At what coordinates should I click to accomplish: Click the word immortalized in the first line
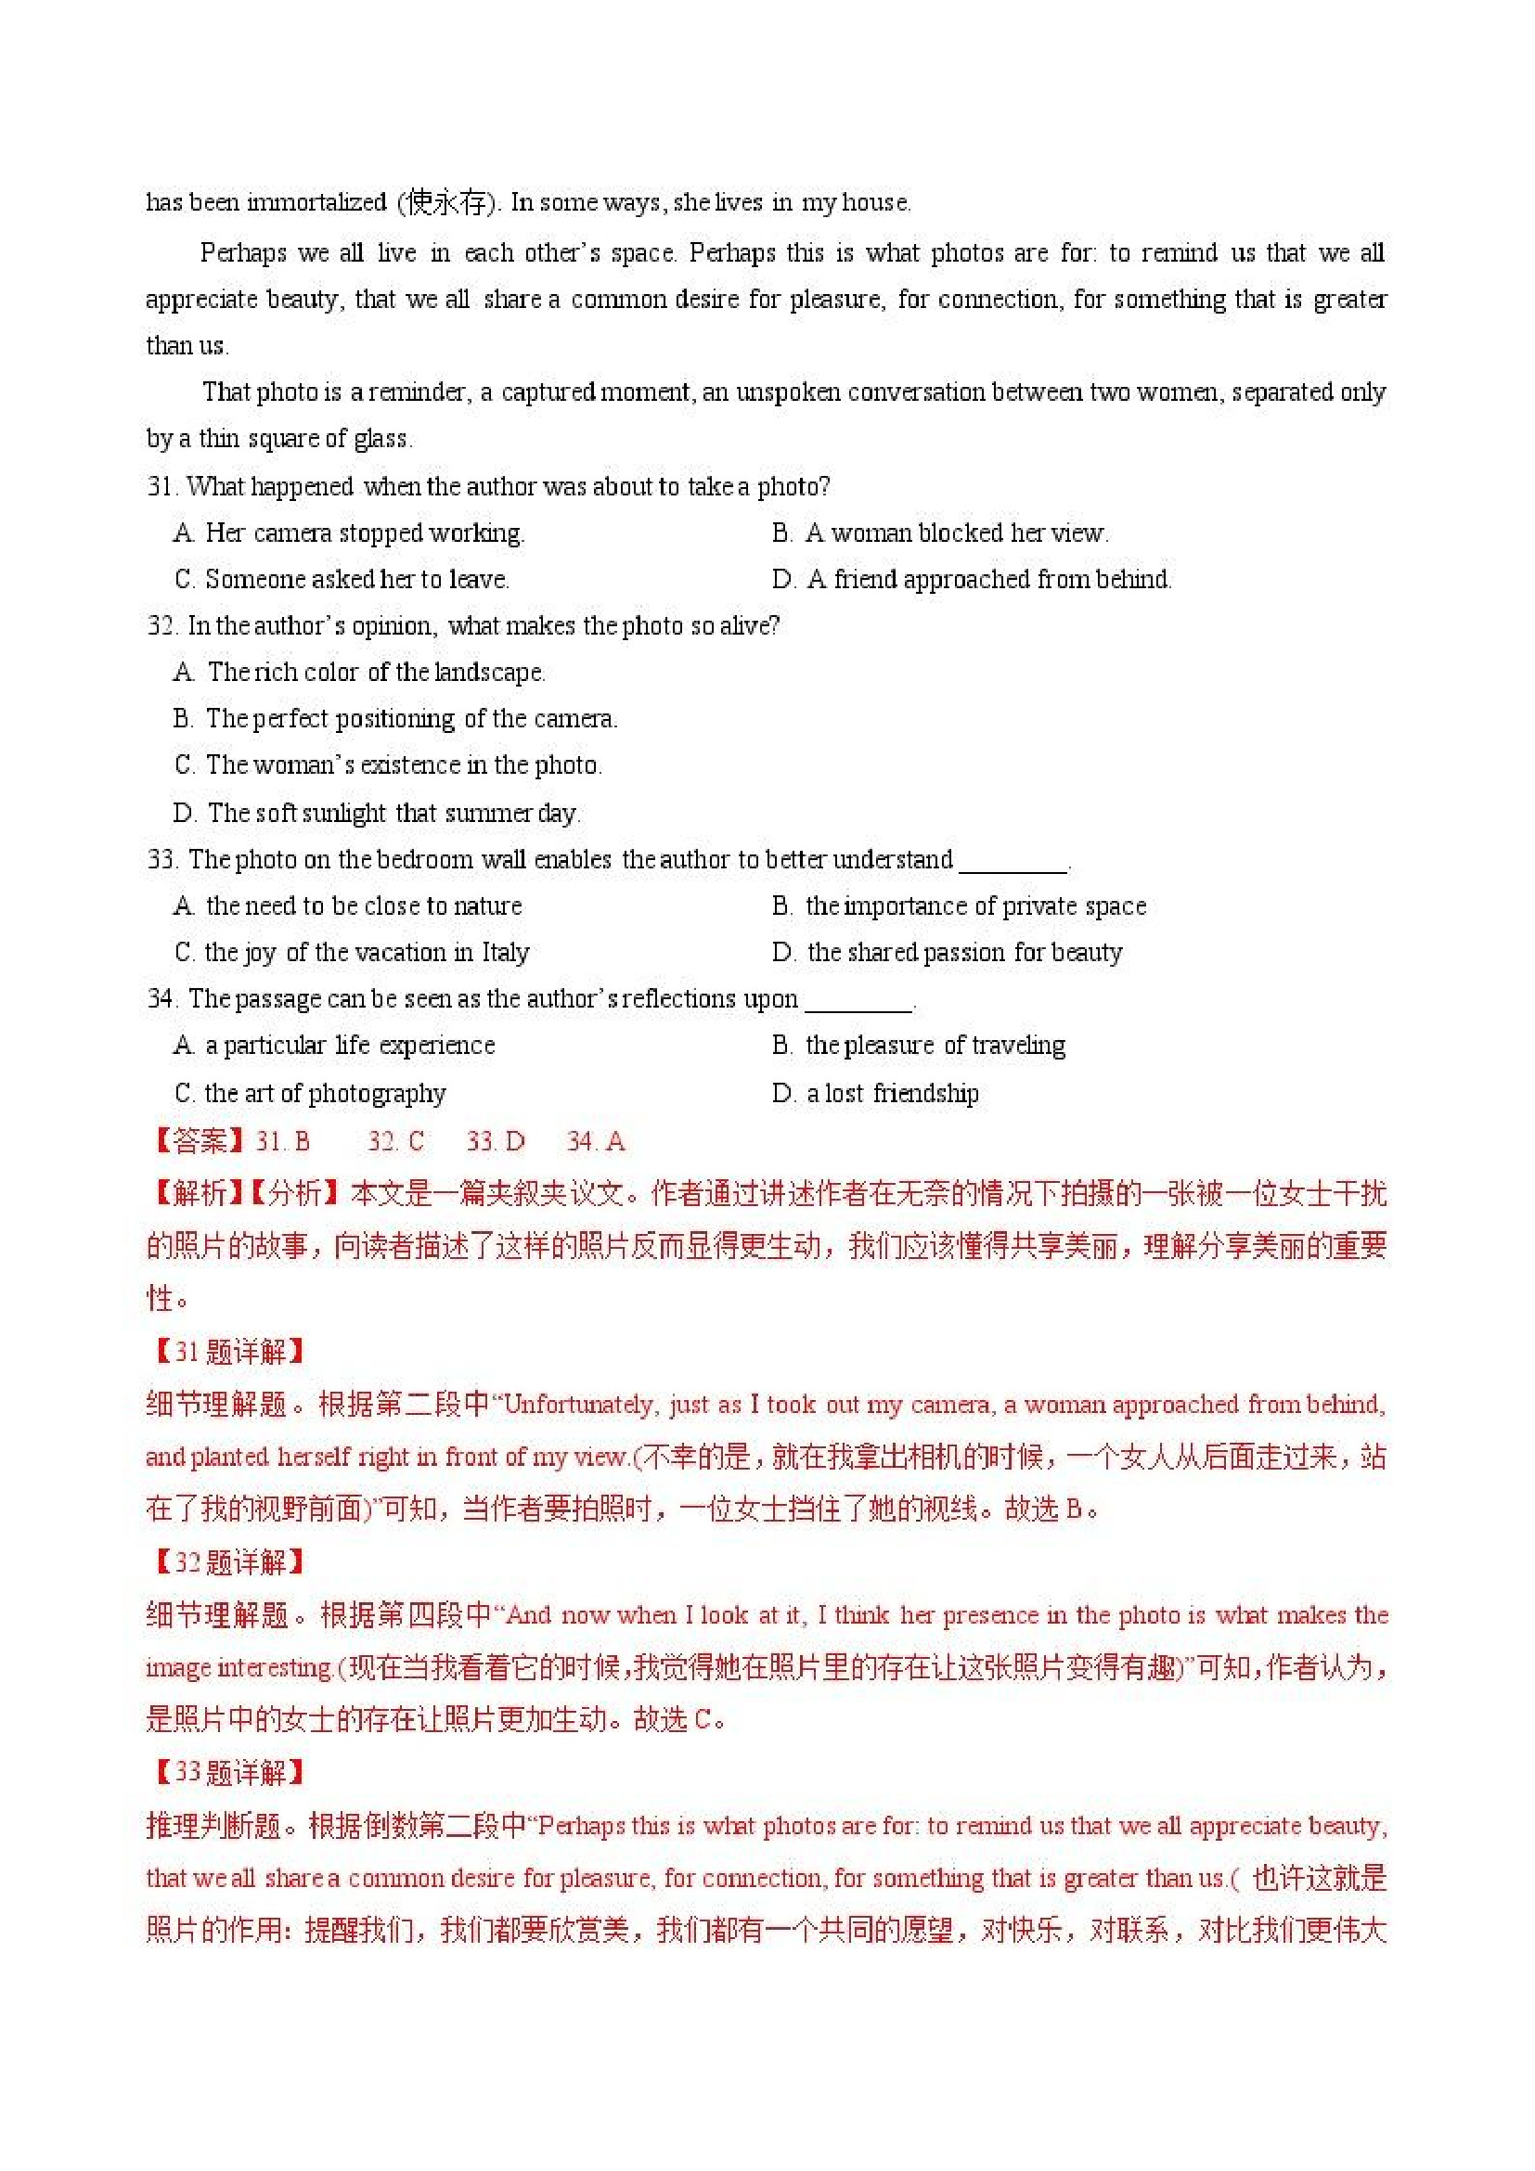point(316,202)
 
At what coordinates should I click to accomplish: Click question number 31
point(161,487)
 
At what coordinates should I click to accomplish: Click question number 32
point(161,626)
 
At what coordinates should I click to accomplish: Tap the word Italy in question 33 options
point(505,952)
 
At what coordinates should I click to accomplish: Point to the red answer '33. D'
point(495,1141)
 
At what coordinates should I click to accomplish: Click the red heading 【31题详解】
point(227,1351)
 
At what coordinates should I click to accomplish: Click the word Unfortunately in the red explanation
point(578,1404)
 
